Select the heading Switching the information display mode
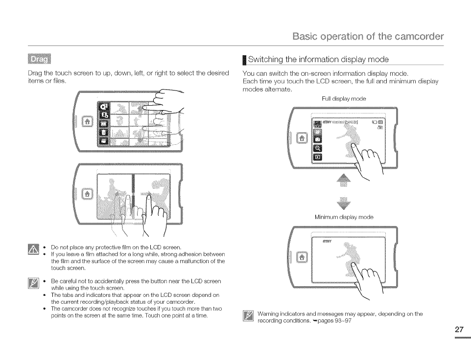(318, 60)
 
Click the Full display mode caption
(344, 99)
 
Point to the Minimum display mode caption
(344, 217)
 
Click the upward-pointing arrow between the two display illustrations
(343, 181)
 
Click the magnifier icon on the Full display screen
(317, 148)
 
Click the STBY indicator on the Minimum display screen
(327, 241)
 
